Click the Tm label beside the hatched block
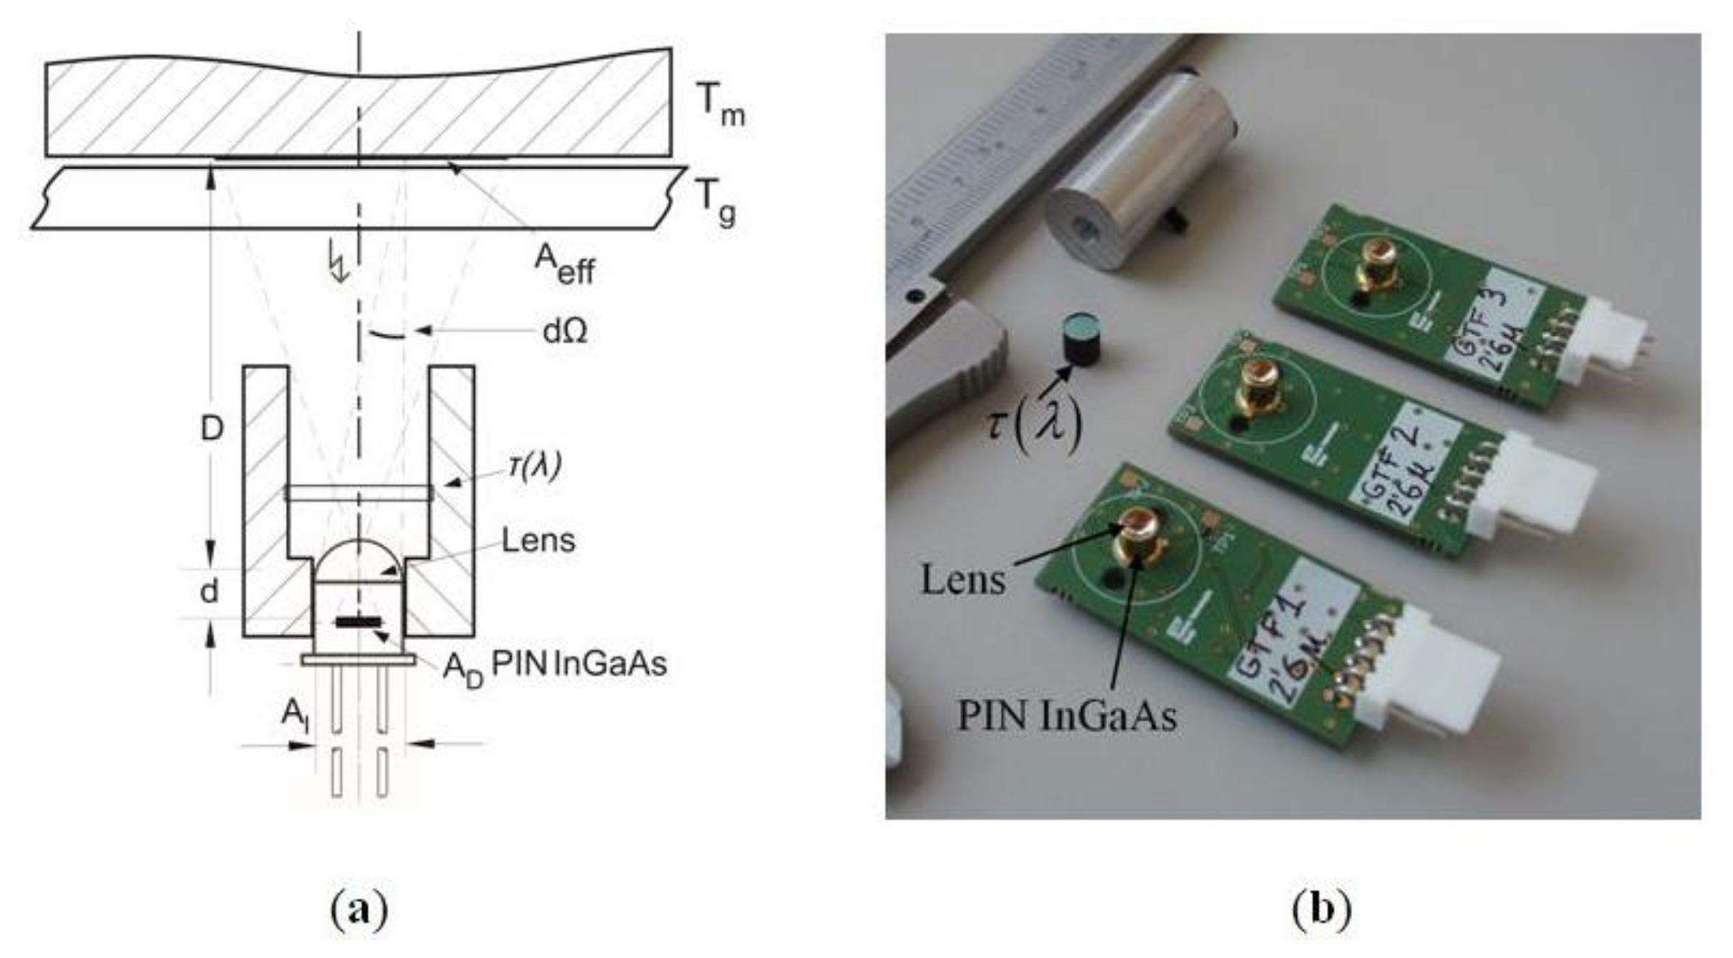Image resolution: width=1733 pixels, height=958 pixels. pos(720,104)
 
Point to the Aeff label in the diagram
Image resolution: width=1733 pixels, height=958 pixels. pos(564,265)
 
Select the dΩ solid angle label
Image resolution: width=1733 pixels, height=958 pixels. pos(565,331)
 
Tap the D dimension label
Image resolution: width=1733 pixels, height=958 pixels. pos(211,429)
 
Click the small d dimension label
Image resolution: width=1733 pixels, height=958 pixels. pos(208,592)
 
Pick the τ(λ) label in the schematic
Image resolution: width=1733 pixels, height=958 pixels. pos(534,466)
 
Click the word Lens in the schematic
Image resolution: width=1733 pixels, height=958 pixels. pos(538,540)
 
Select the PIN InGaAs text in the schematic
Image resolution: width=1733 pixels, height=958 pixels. pos(578,664)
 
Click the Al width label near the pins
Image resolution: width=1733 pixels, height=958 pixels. pos(295,715)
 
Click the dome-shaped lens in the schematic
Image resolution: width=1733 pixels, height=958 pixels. pos(358,561)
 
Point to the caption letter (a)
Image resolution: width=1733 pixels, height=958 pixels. pos(359,910)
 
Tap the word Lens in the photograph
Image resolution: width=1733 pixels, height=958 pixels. pos(963,580)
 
